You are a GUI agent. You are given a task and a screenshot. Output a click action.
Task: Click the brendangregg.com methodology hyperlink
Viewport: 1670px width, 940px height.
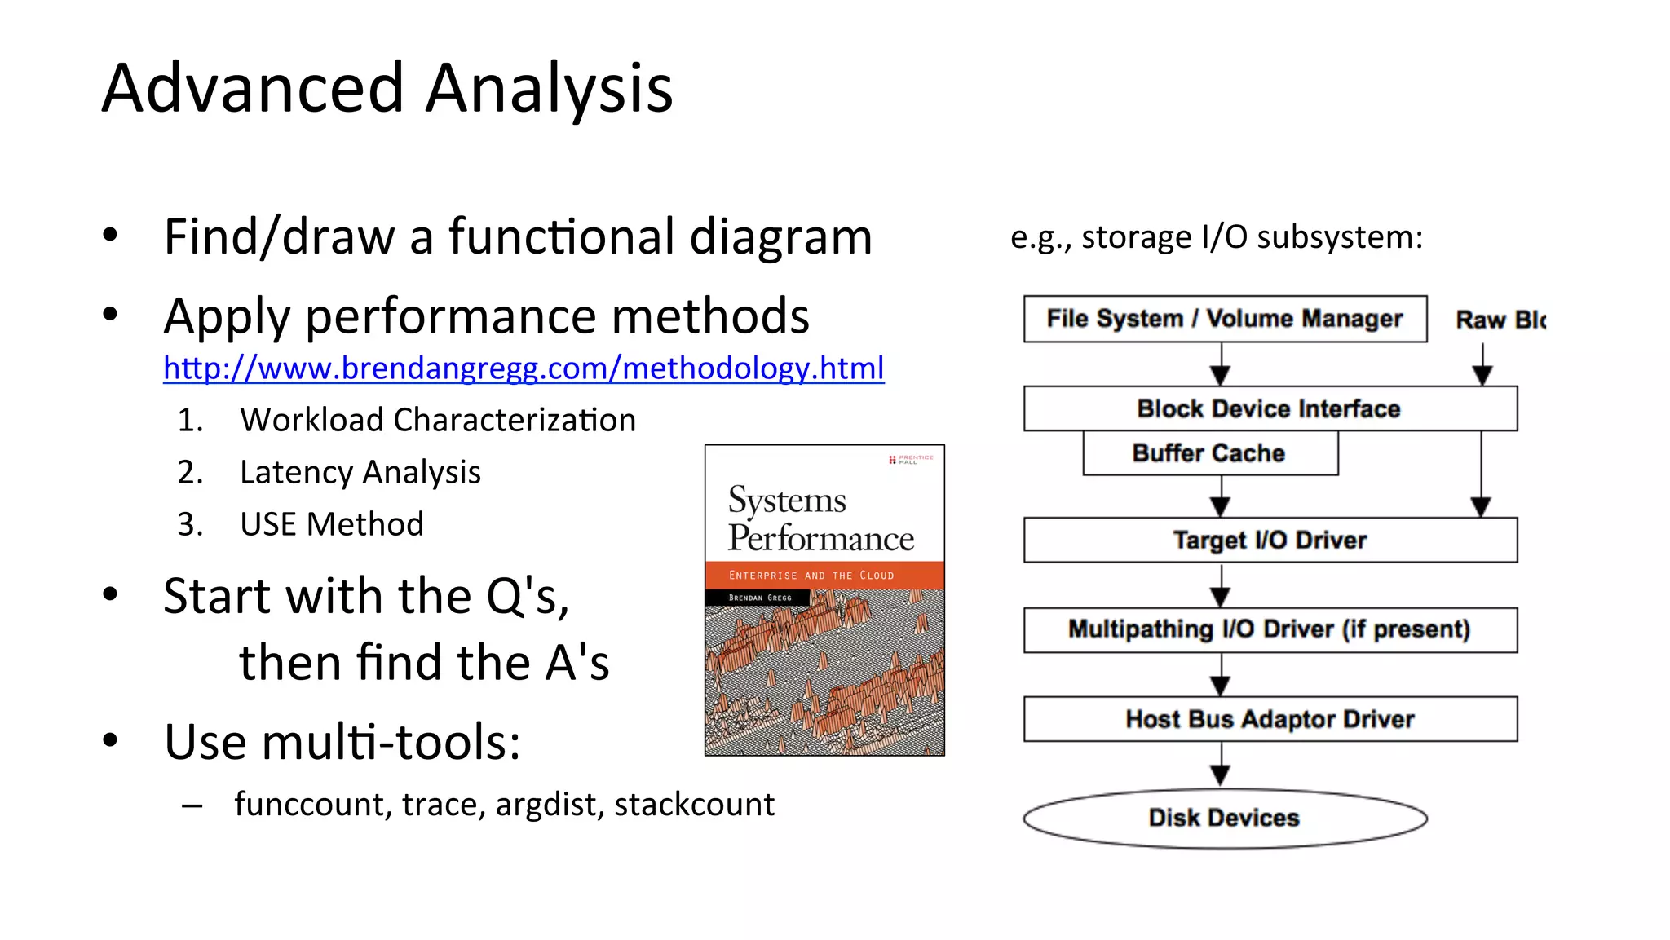point(524,368)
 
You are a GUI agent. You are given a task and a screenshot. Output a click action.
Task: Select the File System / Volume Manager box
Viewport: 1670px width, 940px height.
point(1225,319)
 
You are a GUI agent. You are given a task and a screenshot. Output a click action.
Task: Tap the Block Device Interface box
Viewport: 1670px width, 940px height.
point(1270,408)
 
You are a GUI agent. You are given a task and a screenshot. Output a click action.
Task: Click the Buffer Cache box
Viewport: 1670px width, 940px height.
point(1209,453)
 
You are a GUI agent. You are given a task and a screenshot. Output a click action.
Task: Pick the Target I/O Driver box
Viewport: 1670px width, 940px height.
point(1270,540)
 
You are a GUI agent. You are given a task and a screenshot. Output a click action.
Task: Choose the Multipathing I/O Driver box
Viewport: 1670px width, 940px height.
point(1270,629)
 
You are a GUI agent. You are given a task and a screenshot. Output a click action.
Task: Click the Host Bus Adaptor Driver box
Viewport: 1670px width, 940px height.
point(1270,719)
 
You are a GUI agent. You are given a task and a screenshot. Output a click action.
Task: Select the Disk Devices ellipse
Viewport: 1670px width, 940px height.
point(1225,818)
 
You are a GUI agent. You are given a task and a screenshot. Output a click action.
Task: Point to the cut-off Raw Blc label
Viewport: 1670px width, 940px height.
point(1500,320)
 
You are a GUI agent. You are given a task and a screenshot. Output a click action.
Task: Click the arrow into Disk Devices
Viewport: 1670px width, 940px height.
point(1221,766)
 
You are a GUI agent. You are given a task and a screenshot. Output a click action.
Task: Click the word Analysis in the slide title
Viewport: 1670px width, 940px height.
point(549,88)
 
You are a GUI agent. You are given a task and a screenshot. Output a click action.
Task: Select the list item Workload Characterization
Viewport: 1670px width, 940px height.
point(437,421)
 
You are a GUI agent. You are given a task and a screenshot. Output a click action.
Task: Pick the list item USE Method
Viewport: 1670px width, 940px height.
point(331,524)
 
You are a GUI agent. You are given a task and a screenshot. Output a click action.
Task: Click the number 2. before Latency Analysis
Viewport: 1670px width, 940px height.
point(190,473)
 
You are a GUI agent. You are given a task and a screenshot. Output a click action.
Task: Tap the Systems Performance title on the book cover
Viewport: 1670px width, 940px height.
point(820,519)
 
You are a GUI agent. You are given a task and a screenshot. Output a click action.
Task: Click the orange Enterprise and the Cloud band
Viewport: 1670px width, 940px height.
point(824,575)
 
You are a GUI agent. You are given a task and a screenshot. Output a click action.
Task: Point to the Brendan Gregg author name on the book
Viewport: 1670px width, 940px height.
point(759,598)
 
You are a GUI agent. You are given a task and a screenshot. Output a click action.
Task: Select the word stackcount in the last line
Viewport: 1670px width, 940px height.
point(694,805)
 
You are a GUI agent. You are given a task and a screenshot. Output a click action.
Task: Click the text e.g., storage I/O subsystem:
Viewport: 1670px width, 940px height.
point(1216,237)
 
